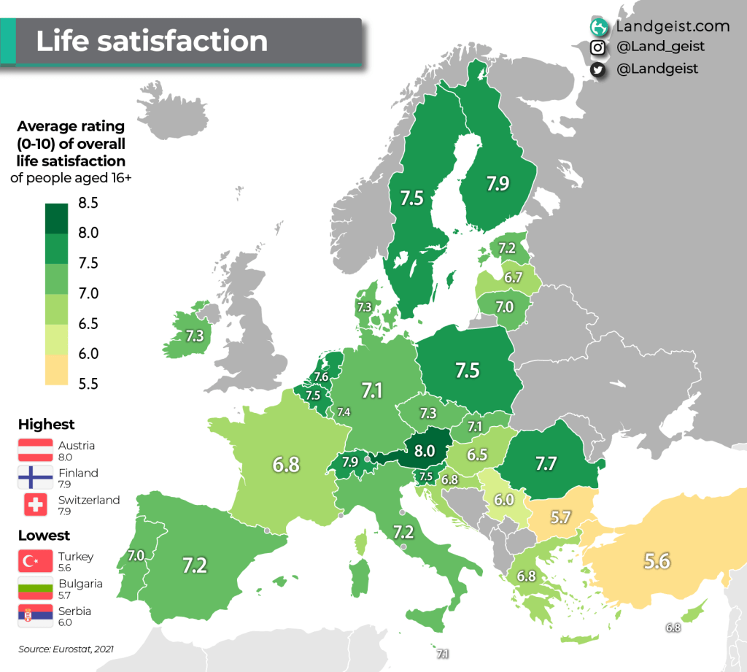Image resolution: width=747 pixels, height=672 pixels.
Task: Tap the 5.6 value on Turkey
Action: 656,560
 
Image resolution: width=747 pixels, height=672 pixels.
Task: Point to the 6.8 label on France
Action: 286,464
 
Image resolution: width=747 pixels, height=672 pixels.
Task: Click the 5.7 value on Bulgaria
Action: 560,517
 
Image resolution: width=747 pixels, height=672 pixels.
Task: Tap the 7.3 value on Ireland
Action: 194,336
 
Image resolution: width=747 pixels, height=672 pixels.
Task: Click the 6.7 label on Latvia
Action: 513,278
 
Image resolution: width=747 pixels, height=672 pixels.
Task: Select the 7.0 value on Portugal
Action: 136,556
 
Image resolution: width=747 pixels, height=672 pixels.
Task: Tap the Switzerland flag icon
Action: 35,504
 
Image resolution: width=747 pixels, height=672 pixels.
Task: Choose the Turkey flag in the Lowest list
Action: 35,560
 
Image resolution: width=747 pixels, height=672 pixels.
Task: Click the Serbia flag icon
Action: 35,615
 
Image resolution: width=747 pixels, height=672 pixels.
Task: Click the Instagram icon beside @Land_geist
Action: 598,47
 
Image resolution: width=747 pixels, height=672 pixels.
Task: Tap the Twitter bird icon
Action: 598,69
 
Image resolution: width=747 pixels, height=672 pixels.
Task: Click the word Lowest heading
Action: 44,536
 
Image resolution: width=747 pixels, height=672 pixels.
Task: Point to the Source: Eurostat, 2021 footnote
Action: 66,648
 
